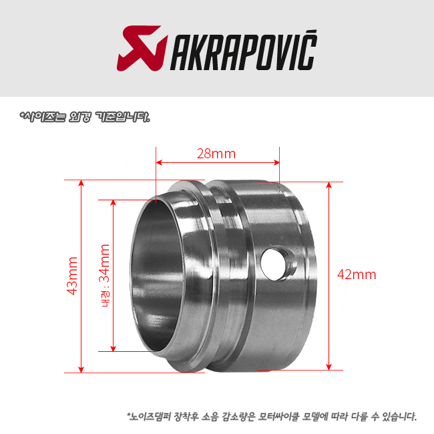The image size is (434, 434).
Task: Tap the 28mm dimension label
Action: coord(216,154)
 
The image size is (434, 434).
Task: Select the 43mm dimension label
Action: coord(72,276)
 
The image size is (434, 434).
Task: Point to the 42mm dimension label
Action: coord(357,274)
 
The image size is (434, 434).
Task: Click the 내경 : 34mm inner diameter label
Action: coord(105,276)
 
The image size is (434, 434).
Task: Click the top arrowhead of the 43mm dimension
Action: coord(81,183)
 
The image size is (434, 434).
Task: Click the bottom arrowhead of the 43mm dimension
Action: coord(81,369)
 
